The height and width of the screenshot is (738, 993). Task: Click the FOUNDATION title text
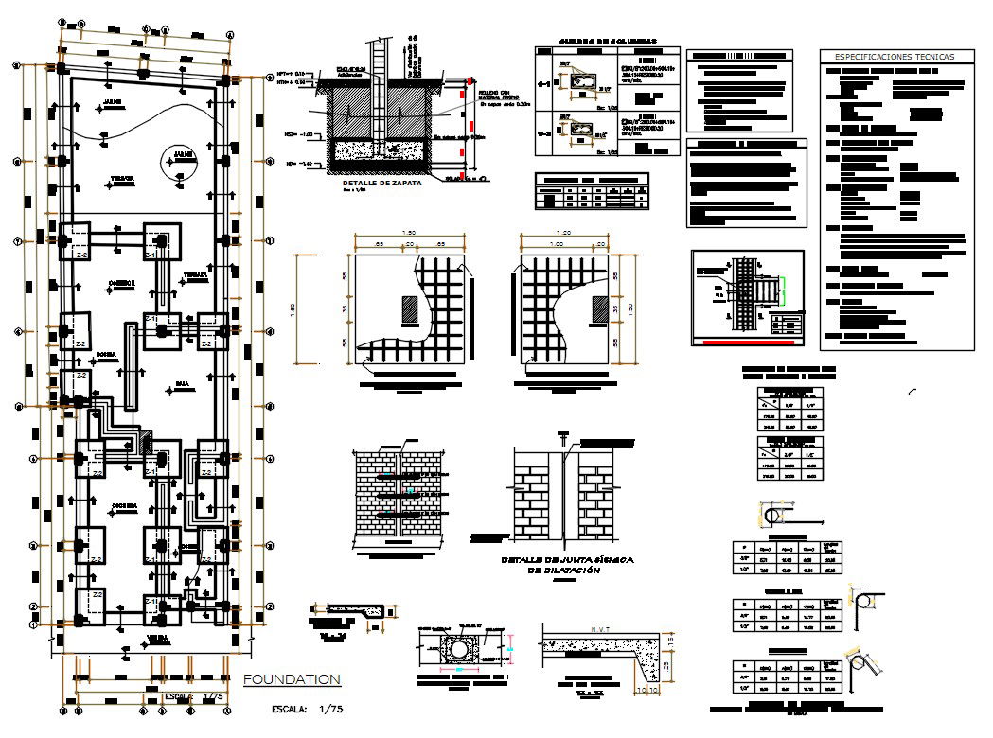pyautogui.click(x=292, y=679)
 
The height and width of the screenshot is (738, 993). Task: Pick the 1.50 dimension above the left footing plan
pyautogui.click(x=409, y=233)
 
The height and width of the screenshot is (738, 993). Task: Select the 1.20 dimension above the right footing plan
pyautogui.click(x=564, y=233)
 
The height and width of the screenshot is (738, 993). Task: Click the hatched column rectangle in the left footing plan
pyautogui.click(x=409, y=310)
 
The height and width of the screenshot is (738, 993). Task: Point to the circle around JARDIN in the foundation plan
pyautogui.click(x=180, y=160)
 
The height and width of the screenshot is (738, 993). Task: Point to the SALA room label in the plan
pyautogui.click(x=182, y=385)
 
